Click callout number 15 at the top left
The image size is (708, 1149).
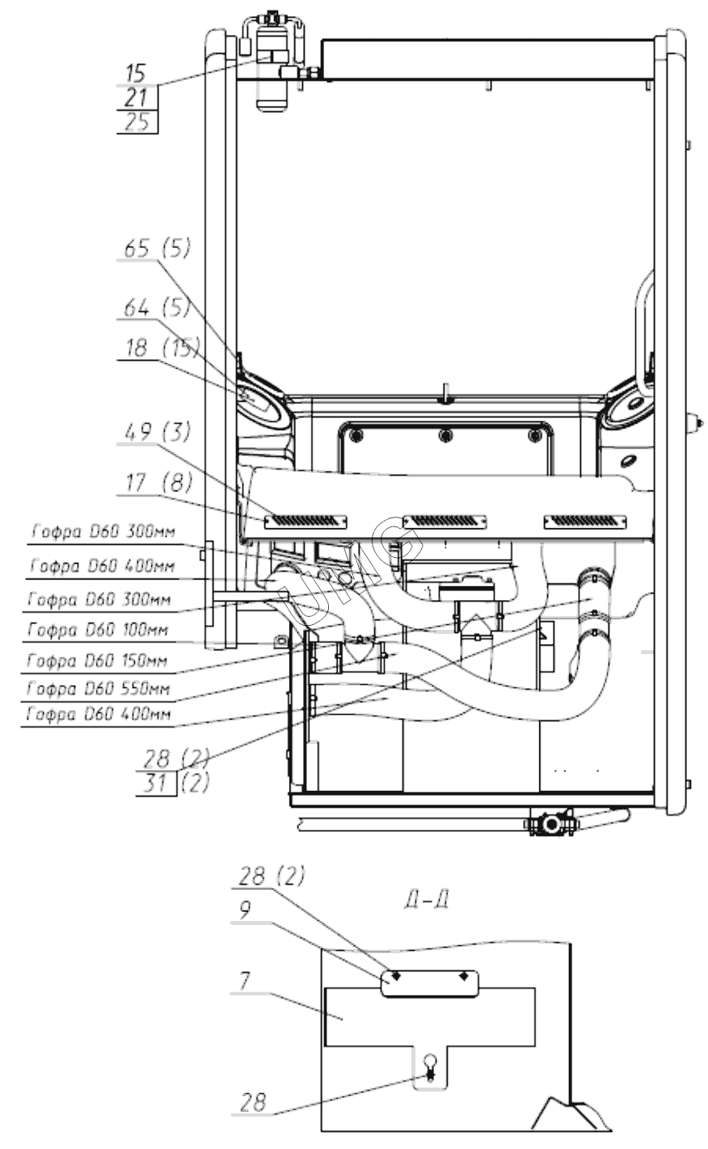137,74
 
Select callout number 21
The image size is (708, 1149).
137,98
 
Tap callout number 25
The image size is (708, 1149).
137,122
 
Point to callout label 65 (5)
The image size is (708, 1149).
157,249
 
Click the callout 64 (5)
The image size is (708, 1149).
157,308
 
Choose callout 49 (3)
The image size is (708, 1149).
157,433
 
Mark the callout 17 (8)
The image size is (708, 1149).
157,483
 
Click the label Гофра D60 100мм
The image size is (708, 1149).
99,629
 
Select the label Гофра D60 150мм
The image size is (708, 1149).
99,661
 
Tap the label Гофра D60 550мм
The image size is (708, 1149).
99,690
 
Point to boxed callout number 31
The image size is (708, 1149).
155,784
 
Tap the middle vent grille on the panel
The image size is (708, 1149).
441,520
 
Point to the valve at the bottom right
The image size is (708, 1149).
552,825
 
